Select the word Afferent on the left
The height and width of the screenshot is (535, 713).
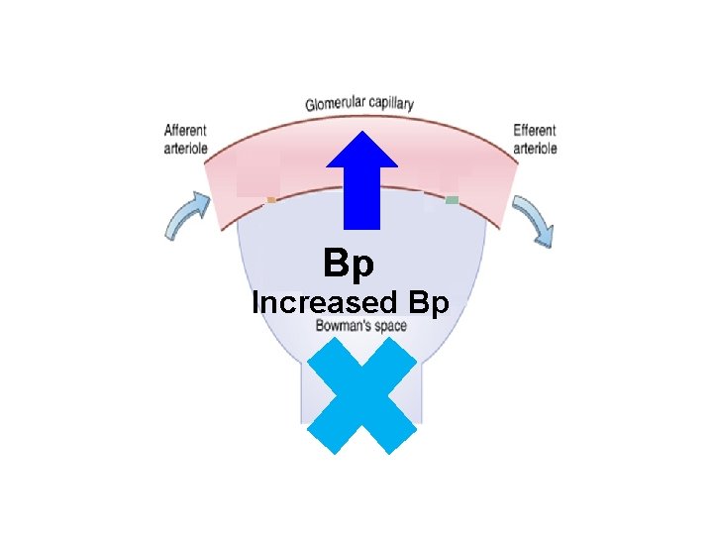[x=186, y=130]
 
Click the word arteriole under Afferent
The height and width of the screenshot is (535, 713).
[x=186, y=148]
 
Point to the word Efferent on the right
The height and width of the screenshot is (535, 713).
[x=535, y=130]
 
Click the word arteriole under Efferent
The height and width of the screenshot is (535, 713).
[x=535, y=148]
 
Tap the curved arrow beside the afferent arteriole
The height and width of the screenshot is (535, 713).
[x=187, y=215]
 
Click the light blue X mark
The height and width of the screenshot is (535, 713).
[x=361, y=395]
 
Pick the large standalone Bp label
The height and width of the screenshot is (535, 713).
[x=349, y=265]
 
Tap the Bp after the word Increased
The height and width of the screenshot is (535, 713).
[x=427, y=303]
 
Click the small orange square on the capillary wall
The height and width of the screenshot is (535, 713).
[x=270, y=200]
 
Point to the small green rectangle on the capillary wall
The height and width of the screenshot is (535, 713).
[x=452, y=200]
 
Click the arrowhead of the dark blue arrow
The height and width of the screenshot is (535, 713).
[x=362, y=148]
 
